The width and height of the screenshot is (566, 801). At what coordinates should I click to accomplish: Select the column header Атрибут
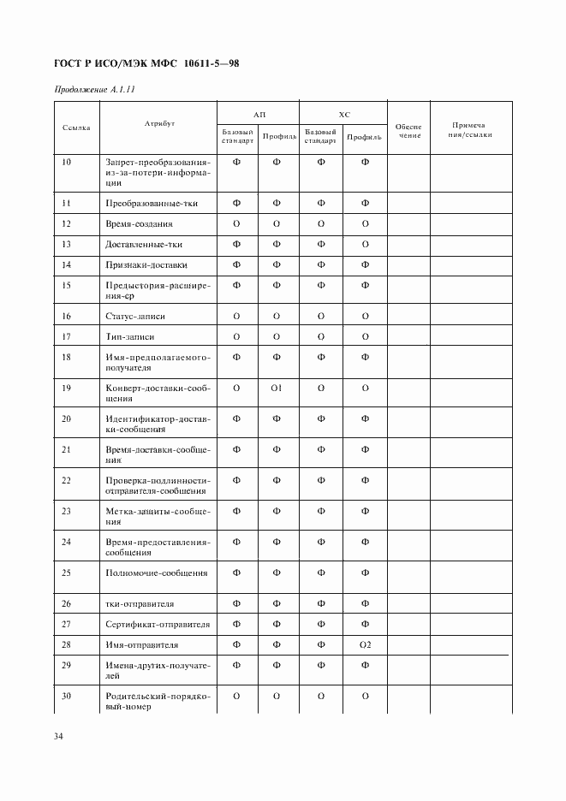[159, 124]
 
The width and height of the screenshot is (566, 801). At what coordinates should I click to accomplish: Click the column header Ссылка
[76, 127]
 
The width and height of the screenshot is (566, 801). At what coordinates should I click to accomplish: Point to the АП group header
[259, 113]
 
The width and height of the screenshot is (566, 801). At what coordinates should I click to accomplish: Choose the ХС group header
[343, 113]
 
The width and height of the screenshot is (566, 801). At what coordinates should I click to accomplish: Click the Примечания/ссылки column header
[470, 129]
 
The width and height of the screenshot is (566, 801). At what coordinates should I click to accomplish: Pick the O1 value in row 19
[277, 388]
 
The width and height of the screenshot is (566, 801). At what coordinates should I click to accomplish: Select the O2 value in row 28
[365, 644]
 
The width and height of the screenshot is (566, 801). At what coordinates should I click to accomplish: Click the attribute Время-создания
[139, 223]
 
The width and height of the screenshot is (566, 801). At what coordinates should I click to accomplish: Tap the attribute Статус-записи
[135, 316]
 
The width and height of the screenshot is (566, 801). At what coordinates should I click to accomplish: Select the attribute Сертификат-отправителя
[158, 624]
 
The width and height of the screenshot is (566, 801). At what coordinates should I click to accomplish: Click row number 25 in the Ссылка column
[67, 573]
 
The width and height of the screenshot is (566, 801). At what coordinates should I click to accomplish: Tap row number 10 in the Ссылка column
[67, 162]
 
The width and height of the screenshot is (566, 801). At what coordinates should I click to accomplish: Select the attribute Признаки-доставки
[146, 264]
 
